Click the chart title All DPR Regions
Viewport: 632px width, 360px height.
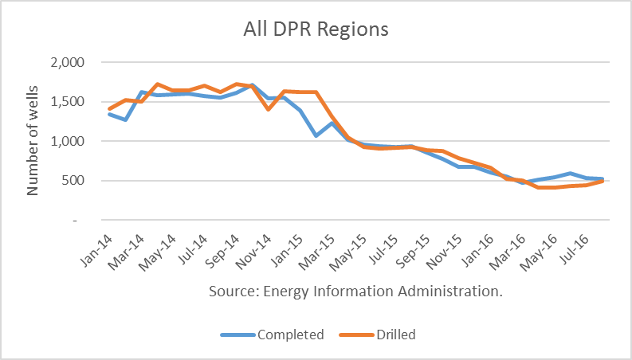tap(316, 29)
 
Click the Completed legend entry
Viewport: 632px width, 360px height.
tap(290, 335)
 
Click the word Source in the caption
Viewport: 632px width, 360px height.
tap(232, 292)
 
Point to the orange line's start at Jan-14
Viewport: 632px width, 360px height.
tap(109, 109)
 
